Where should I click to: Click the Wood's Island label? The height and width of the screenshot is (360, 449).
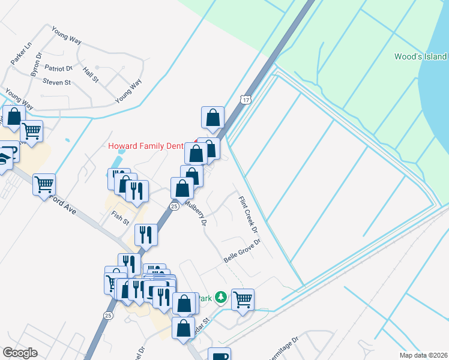420,56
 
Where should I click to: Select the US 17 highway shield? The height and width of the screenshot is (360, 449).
244,98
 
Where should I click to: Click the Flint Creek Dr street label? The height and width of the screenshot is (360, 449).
248,215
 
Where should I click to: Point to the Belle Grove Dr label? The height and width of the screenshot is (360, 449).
242,251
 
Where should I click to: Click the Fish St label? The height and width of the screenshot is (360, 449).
120,217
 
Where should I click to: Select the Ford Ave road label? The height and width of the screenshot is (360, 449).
63,204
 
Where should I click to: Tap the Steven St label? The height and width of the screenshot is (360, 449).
56,82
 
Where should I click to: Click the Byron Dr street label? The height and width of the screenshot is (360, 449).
36,64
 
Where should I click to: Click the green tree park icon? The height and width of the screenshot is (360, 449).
221,297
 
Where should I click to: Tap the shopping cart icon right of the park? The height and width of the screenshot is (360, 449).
243,298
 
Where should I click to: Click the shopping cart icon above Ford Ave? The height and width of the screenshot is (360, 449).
44,184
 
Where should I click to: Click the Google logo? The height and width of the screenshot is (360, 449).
20,353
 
